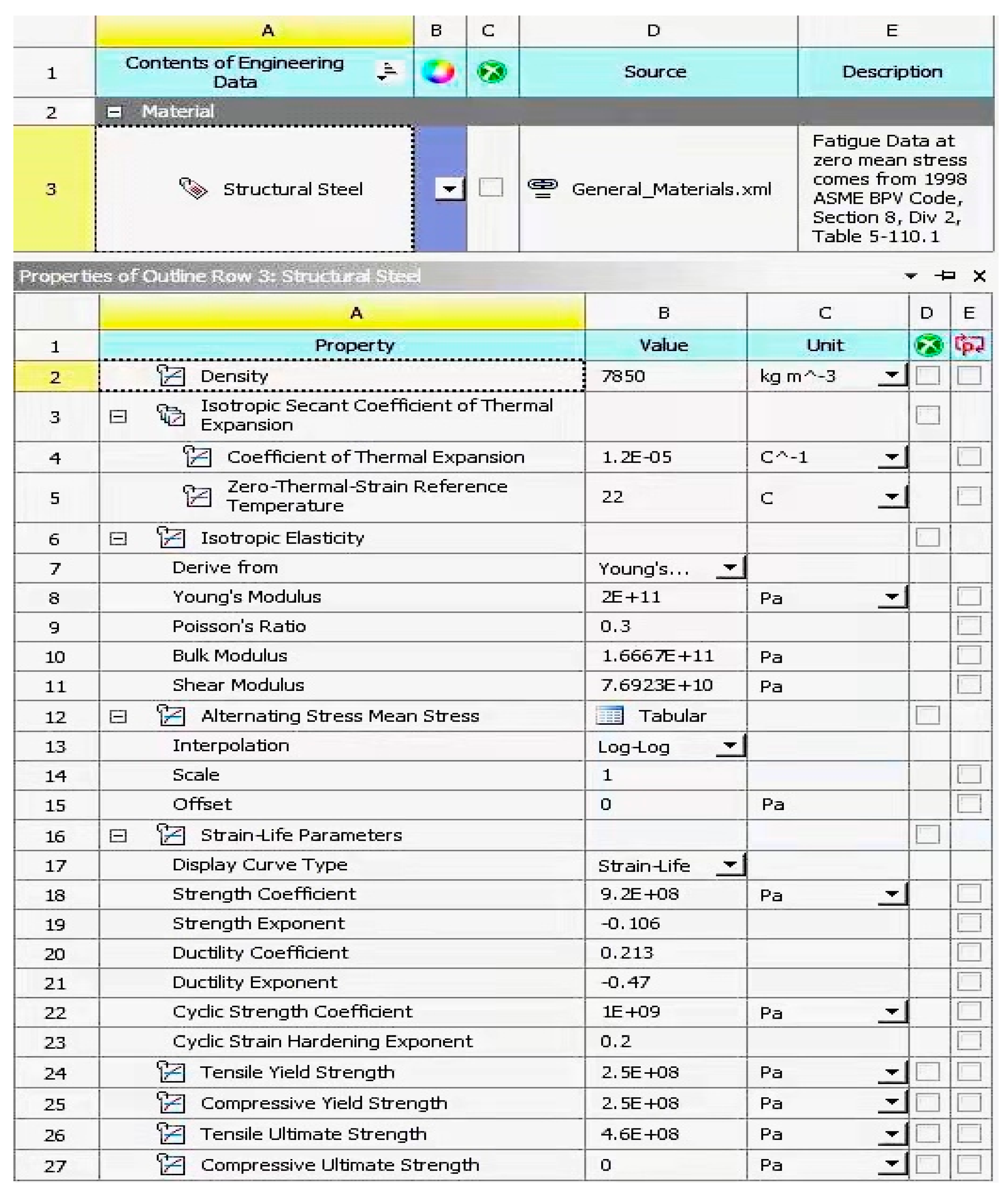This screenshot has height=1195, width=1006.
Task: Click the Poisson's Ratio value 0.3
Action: click(615, 626)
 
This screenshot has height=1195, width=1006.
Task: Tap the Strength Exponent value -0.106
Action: click(630, 923)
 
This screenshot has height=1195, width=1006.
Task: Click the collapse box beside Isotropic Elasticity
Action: click(118, 538)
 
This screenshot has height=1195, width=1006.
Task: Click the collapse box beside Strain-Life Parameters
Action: click(118, 836)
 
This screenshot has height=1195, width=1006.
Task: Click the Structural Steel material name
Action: click(293, 189)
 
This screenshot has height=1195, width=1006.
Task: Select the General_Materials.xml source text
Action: click(671, 189)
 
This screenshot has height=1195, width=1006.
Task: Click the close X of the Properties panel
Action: click(979, 276)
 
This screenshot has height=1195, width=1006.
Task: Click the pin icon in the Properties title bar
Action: click(945, 276)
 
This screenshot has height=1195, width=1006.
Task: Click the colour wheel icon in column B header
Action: click(438, 72)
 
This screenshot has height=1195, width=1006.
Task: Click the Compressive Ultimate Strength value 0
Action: click(606, 1165)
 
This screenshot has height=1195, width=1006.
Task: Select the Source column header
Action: click(655, 72)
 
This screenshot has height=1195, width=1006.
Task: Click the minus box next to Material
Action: click(114, 112)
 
